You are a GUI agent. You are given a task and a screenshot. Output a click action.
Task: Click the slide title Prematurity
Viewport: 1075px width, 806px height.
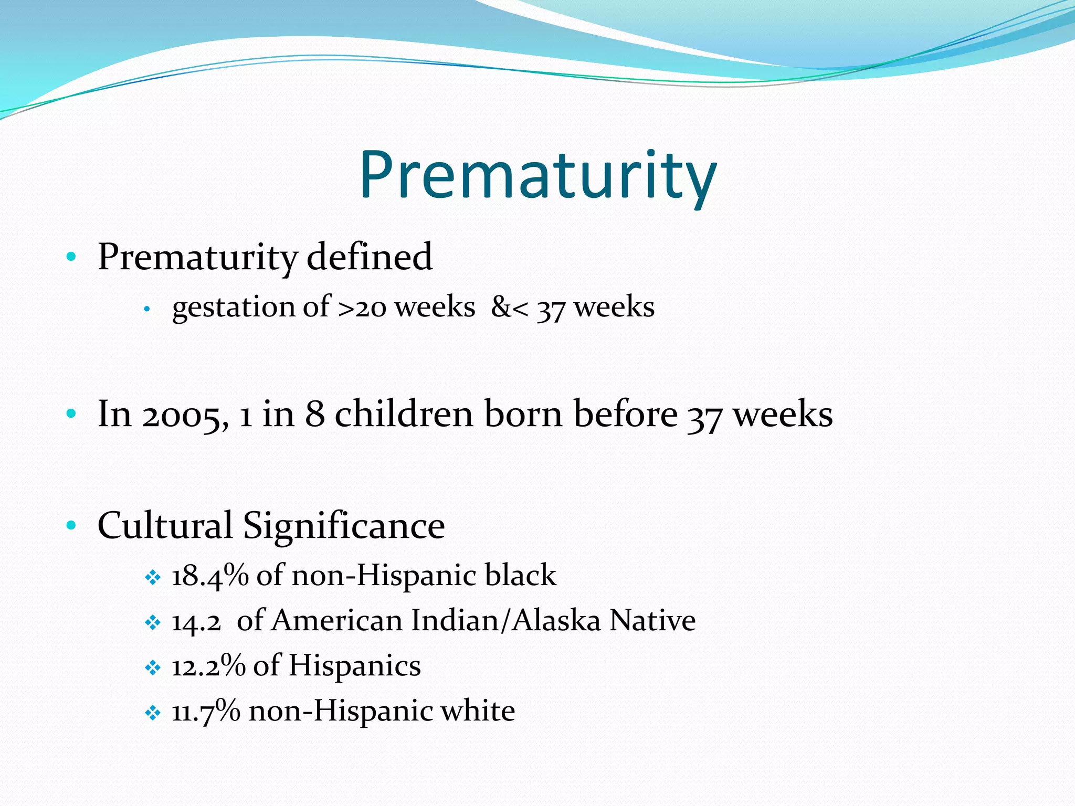[537, 175]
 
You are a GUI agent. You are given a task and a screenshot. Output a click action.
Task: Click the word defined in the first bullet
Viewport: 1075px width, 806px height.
[369, 257]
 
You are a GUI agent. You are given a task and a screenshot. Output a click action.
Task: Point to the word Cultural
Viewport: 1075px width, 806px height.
[165, 525]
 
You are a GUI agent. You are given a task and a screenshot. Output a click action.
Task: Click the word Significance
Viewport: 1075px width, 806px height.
[344, 526]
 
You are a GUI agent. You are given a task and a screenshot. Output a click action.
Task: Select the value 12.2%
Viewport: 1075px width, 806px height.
[208, 666]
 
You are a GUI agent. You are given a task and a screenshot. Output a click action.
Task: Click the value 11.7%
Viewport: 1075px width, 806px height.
[206, 712]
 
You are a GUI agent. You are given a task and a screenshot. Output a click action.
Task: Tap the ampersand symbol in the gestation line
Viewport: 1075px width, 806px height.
[501, 307]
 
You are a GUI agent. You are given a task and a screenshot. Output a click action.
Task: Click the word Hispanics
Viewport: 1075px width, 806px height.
[354, 666]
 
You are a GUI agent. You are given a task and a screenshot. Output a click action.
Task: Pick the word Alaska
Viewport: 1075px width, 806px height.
[556, 621]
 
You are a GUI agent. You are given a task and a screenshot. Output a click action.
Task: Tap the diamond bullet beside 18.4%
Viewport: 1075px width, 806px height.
[152, 578]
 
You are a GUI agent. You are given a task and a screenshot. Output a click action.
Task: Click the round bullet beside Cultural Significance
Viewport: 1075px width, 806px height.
[71, 525]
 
